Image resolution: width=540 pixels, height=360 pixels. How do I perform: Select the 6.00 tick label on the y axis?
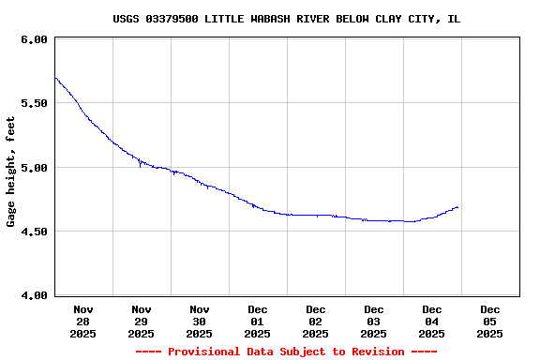(x=34, y=39)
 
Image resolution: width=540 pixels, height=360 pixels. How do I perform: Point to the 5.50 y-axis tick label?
(x=34, y=103)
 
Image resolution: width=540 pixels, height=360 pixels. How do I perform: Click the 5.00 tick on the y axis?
(x=34, y=168)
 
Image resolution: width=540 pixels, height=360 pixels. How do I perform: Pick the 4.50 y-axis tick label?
(x=34, y=232)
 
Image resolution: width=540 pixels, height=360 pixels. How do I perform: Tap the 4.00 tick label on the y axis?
(x=34, y=295)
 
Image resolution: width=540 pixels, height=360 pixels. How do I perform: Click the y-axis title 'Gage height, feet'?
(x=12, y=172)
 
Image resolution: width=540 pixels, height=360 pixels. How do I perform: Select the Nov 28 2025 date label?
(x=83, y=321)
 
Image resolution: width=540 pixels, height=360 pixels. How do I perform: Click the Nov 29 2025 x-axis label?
(x=142, y=321)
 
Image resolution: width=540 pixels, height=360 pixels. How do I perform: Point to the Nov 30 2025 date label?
(x=200, y=321)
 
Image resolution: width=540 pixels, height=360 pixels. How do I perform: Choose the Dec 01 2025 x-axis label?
(x=258, y=321)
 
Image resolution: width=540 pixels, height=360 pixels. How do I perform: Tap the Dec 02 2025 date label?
(x=316, y=321)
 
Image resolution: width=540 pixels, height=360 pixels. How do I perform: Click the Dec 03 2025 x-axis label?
(x=374, y=321)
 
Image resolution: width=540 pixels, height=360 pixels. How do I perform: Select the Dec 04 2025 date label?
(x=432, y=321)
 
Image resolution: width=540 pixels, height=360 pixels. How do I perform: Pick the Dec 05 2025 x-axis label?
(x=490, y=321)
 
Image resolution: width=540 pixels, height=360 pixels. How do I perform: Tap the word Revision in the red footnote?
(x=376, y=352)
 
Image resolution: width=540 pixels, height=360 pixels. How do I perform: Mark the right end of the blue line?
(x=457, y=207)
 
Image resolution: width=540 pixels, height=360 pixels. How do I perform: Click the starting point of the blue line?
(x=55, y=78)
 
